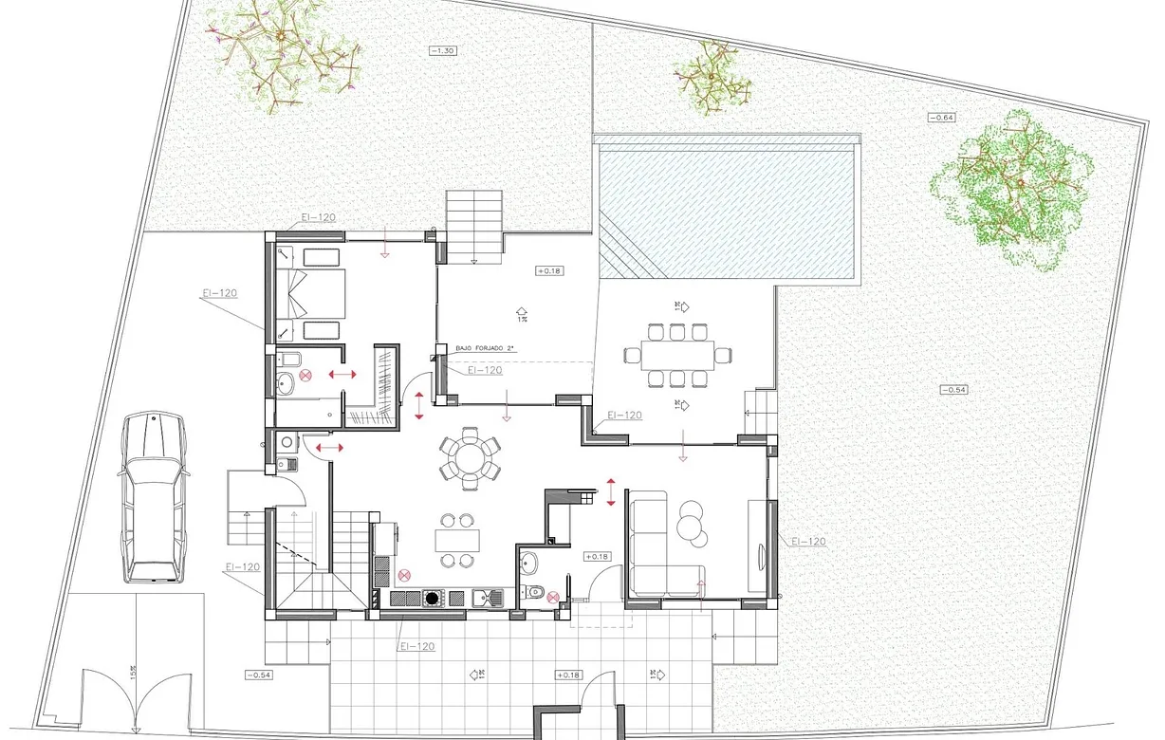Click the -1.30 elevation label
click(x=443, y=50)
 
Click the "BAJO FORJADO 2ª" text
click(x=485, y=349)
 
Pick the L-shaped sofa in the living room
click(x=655, y=550)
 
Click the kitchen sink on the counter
click(x=488, y=597)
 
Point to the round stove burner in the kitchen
click(x=434, y=598)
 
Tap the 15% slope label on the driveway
click(x=134, y=671)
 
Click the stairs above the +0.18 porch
click(x=474, y=226)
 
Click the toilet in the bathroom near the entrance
click(x=535, y=592)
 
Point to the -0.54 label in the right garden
click(x=954, y=390)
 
